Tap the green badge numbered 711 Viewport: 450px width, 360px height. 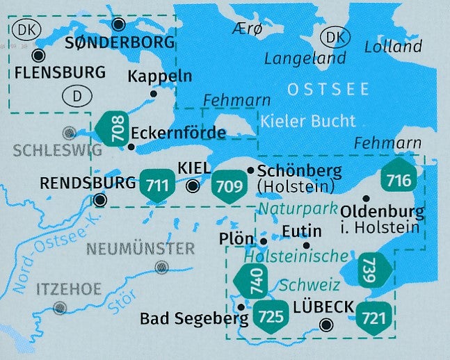coord(158,185)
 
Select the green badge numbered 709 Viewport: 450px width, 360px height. coord(229,186)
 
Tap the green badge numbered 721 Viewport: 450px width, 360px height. coord(374,318)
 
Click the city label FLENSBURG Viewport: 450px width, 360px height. coord(60,72)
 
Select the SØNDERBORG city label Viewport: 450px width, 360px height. coord(119,42)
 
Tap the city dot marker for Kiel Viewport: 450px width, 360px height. coord(193,186)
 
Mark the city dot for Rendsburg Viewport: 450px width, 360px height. coord(100,201)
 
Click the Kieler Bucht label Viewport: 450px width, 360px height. coord(309,120)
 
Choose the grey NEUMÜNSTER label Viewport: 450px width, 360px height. coord(141,248)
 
